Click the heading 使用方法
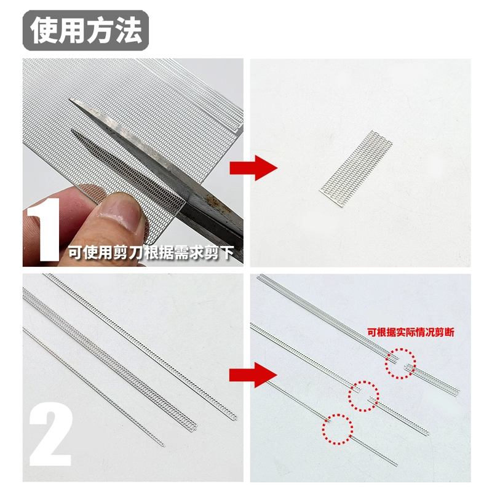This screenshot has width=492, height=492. pos(86,30)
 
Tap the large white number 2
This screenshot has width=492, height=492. pos(51,434)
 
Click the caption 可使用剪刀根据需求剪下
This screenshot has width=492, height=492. pos(151,252)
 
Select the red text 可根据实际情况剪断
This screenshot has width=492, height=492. pos(411,332)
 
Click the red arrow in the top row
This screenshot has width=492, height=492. pos(253,168)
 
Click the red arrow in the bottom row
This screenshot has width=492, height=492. pos(253,375)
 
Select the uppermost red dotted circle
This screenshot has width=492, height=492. pos(400,363)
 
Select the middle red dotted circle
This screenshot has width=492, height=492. pos(363,396)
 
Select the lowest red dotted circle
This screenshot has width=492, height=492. pos(337,429)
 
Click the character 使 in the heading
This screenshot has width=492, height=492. pos(43,30)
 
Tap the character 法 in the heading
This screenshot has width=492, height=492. pos(129,30)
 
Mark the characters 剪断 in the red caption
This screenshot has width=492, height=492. pos(445,332)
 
